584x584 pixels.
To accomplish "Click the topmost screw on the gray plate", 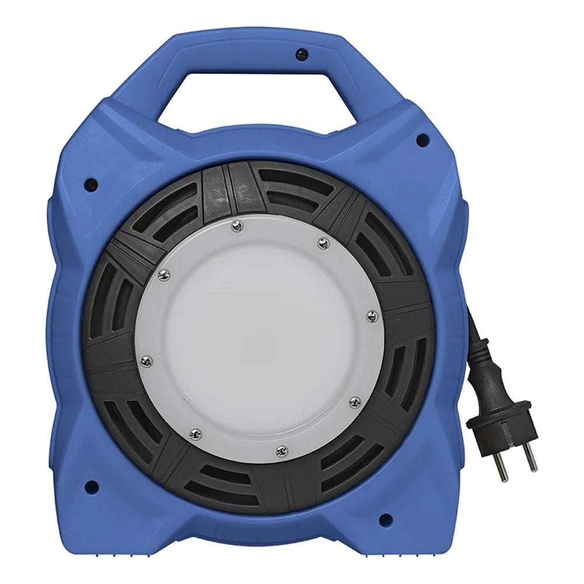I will (x=236, y=226).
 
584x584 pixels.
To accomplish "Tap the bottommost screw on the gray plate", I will (x=281, y=450).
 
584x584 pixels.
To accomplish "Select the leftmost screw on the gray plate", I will (x=147, y=361).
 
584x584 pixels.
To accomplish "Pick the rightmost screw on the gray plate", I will (x=371, y=316).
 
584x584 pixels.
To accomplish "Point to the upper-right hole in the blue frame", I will (x=422, y=140).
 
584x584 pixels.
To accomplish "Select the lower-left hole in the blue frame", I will (x=91, y=485).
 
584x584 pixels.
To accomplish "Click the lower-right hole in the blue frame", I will (x=384, y=519).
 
